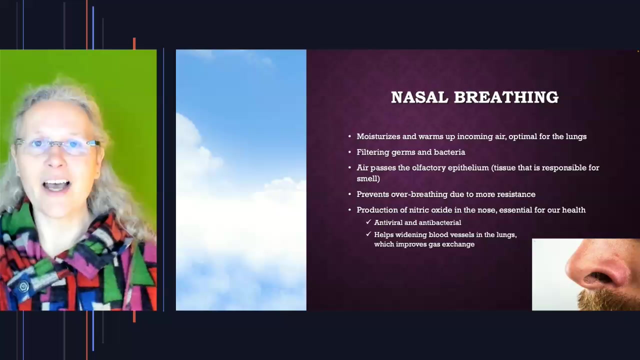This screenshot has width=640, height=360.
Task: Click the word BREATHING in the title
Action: (506, 97)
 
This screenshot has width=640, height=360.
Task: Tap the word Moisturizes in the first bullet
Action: (378, 136)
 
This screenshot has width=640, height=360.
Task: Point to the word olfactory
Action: (428, 168)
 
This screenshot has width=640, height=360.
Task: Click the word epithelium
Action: (468, 168)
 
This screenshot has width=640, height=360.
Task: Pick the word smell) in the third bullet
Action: (368, 178)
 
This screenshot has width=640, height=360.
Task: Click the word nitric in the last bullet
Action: (419, 210)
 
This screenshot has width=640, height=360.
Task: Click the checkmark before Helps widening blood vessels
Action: (368, 234)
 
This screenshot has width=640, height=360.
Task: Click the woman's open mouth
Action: (56, 185)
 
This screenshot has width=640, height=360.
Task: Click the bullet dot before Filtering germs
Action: (349, 152)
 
